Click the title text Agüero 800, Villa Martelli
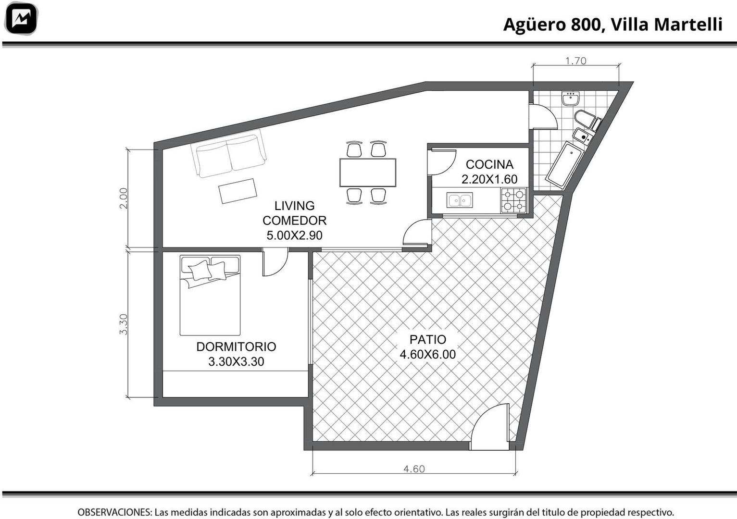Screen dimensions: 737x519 (x=612, y=25)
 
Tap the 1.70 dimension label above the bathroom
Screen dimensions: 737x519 (x=576, y=61)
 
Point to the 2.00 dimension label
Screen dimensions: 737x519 (x=123, y=198)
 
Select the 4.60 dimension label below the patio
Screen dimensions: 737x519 (x=414, y=469)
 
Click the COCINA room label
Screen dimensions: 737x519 (x=489, y=164)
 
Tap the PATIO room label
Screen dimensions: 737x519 (x=428, y=339)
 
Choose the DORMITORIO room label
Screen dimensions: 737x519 (x=236, y=346)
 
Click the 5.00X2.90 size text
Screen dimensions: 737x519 (x=295, y=235)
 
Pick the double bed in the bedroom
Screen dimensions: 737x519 (x=210, y=295)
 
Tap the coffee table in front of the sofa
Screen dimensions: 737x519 (x=237, y=191)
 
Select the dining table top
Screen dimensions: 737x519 (x=368, y=173)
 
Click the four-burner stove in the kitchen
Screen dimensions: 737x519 (x=513, y=200)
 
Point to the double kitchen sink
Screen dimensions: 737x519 (x=460, y=200)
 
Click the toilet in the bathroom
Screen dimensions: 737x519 (x=587, y=121)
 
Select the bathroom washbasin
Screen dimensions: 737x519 (x=571, y=99)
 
